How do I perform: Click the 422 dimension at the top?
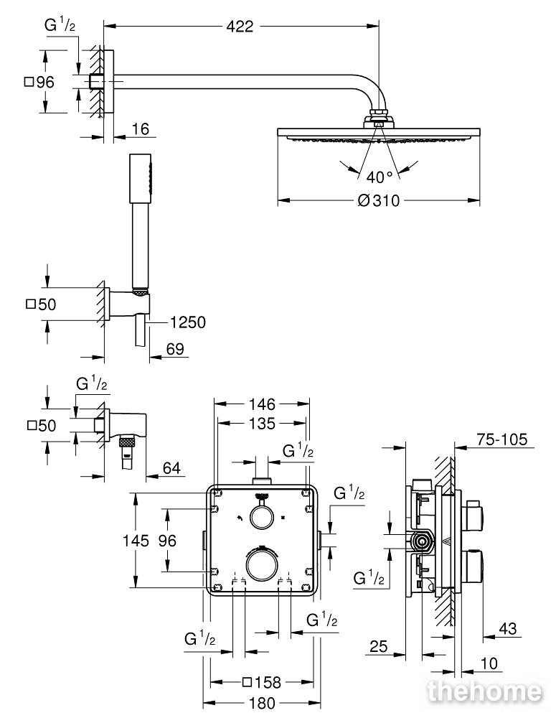click(240, 27)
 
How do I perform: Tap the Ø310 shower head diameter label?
click(379, 200)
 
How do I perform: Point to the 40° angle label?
click(380, 177)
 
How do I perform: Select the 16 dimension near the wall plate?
click(141, 129)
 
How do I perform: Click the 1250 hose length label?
click(188, 322)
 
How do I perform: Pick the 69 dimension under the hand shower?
click(175, 349)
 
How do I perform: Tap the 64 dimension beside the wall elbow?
click(171, 468)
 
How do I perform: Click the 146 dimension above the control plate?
click(262, 404)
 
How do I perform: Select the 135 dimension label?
click(262, 424)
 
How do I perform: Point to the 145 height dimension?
click(136, 541)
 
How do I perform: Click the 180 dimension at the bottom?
click(262, 703)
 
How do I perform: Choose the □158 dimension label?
click(262, 683)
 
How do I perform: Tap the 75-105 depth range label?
click(502, 439)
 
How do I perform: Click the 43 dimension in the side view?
click(507, 629)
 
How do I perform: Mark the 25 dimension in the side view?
click(379, 647)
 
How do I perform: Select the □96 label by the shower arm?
click(39, 83)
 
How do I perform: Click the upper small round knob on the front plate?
click(261, 517)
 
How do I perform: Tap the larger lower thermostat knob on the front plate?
click(261, 564)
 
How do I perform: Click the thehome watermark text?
click(484, 691)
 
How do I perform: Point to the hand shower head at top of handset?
click(140, 179)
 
